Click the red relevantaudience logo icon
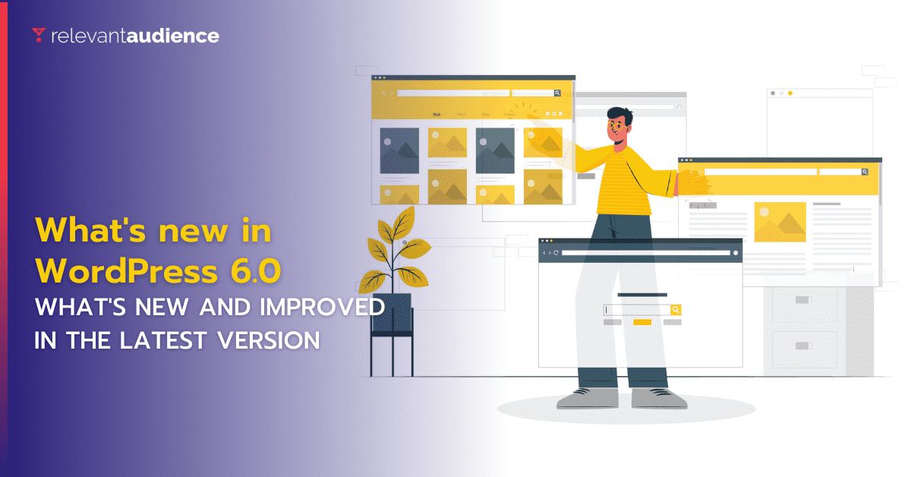pyautogui.click(x=39, y=35)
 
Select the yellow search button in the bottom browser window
pyautogui.click(x=676, y=310)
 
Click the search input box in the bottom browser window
pyautogui.click(x=636, y=310)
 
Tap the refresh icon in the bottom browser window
pyautogui.click(x=556, y=252)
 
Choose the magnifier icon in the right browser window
pyautogui.click(x=864, y=172)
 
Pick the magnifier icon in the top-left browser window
pyautogui.click(x=557, y=93)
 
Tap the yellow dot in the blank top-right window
pyautogui.click(x=790, y=93)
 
